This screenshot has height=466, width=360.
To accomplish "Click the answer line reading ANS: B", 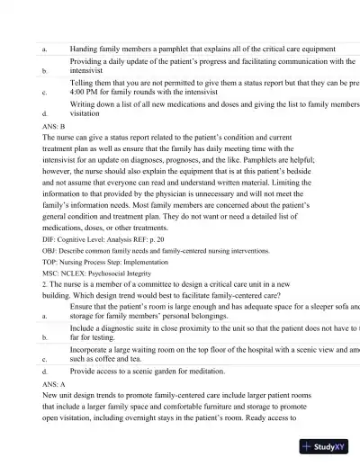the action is pos(53,128).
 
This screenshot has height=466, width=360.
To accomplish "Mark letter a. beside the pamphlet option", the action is pos(45,49).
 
